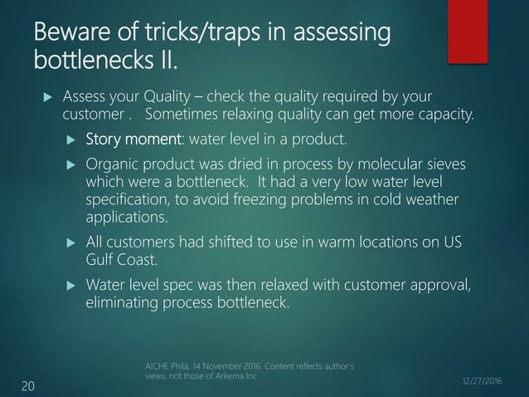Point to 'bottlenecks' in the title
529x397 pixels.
tap(90, 62)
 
